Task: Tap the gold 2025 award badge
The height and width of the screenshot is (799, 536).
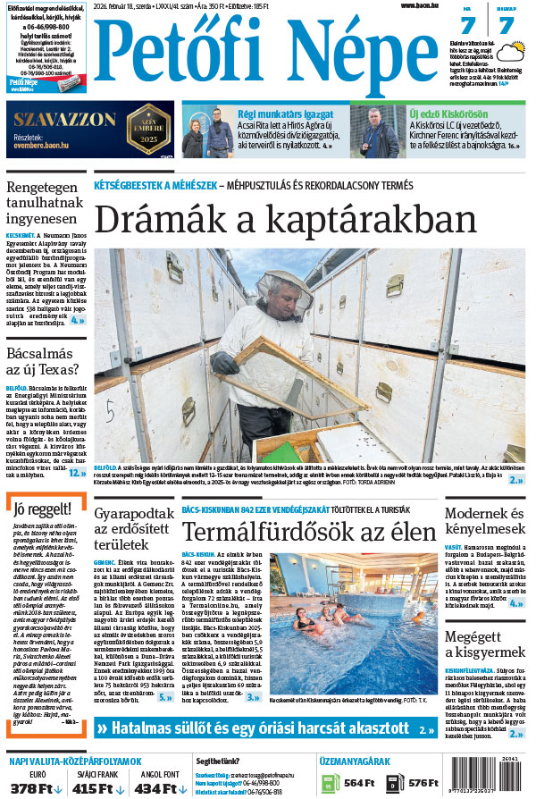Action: click(x=150, y=128)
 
